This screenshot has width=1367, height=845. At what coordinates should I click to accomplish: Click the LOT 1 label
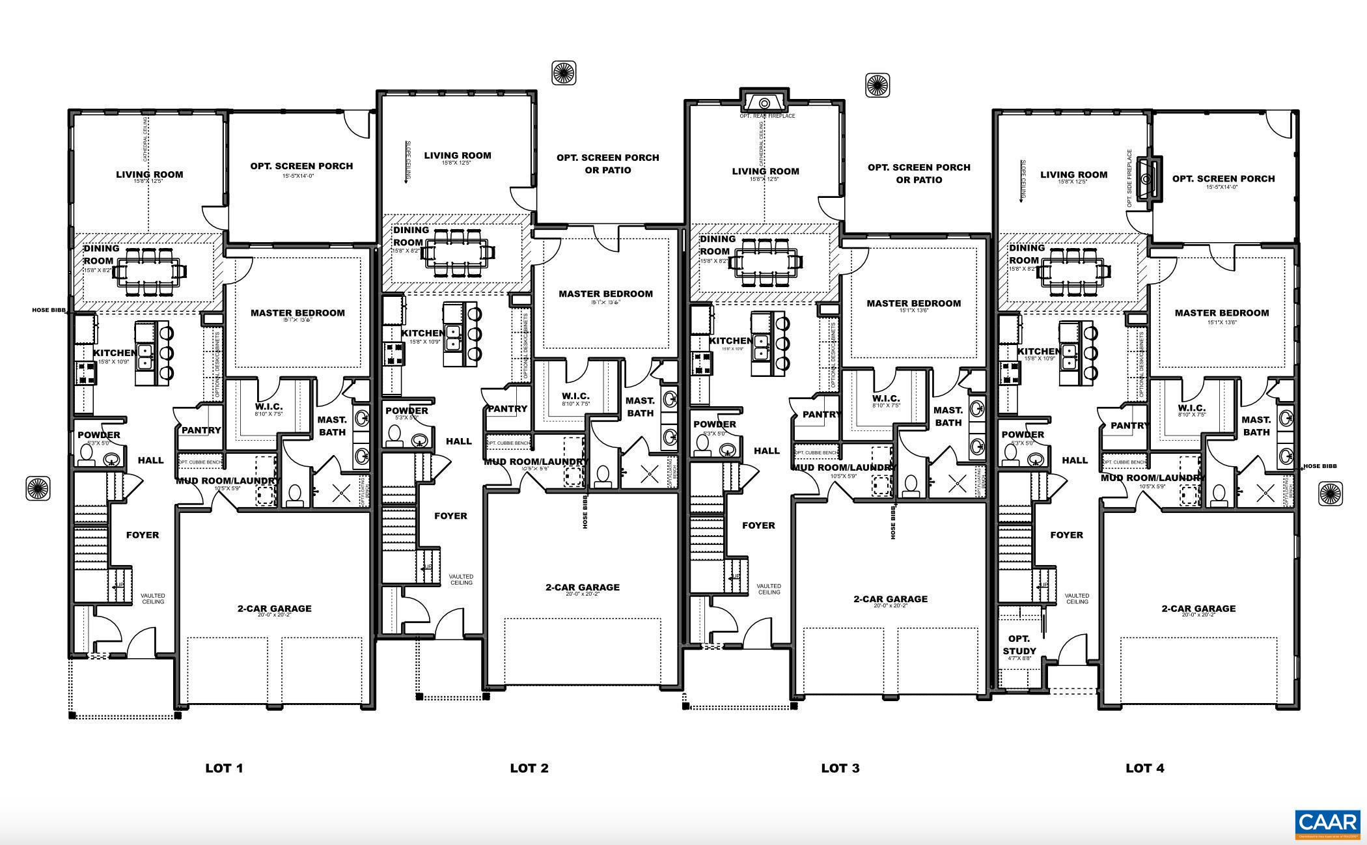(x=224, y=768)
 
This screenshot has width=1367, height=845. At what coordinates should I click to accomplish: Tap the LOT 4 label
(x=1144, y=768)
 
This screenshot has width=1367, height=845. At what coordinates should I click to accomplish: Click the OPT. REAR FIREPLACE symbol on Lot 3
(x=765, y=103)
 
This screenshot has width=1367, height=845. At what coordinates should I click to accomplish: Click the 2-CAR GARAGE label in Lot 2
(x=582, y=587)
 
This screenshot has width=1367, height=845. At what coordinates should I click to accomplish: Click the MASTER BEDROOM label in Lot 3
(x=913, y=303)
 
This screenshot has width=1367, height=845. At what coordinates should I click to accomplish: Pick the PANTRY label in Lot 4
(x=1130, y=425)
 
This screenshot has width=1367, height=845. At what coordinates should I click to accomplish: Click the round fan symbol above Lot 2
(x=564, y=73)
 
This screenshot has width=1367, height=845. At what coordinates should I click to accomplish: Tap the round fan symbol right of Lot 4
(x=1331, y=493)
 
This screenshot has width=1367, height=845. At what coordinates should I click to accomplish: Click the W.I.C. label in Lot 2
(x=575, y=396)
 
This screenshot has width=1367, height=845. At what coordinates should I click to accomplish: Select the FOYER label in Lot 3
(x=758, y=525)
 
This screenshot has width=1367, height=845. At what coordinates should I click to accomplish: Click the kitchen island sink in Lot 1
(x=145, y=355)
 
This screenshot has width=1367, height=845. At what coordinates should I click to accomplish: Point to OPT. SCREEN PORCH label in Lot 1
(x=301, y=166)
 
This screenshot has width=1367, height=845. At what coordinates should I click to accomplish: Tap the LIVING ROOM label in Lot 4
(x=1073, y=174)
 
